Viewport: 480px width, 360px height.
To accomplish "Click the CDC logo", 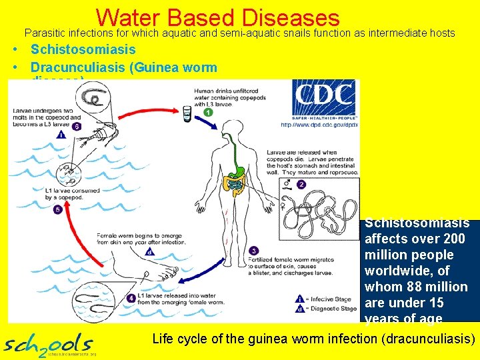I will coord(324,100).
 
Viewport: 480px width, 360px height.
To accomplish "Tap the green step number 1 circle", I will coord(208,113).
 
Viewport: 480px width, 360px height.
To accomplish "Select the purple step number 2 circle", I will coord(301,184).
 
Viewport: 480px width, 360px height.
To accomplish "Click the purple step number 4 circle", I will coord(149,251).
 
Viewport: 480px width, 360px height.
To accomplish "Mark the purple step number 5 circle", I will coord(57,209).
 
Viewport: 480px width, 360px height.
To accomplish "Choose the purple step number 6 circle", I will coord(77,126).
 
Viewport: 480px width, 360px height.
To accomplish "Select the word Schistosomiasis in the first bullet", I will coord(83,49).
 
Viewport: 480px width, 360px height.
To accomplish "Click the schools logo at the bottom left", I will coord(49,344).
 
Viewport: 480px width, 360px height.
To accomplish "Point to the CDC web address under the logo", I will coord(319,125).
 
